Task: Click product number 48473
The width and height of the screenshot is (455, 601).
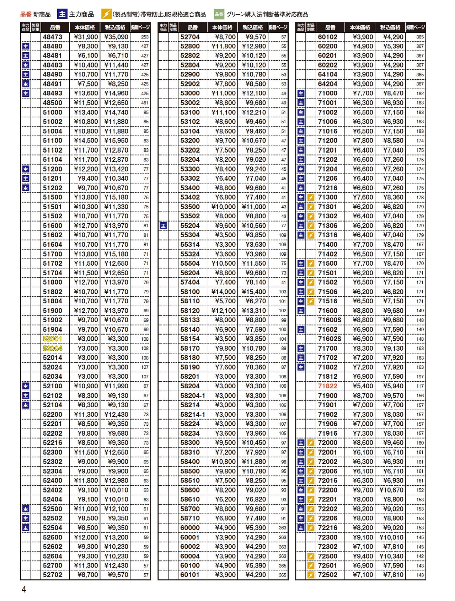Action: click(x=52, y=37)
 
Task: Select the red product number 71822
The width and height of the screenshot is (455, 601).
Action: click(x=327, y=386)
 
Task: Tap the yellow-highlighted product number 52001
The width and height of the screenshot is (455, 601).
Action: click(x=52, y=339)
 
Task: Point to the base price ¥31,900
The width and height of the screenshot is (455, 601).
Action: click(x=86, y=37)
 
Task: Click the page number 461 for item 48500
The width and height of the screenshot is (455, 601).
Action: click(x=145, y=103)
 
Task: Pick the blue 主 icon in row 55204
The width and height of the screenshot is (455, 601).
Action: click(x=163, y=226)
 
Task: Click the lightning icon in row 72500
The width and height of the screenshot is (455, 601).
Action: click(x=311, y=556)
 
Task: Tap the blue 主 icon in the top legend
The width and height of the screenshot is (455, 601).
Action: click(x=62, y=14)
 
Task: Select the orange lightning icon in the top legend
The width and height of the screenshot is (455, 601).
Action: click(x=106, y=14)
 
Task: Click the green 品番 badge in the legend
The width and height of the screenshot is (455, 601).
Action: click(x=219, y=15)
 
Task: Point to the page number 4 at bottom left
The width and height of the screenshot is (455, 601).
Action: click(x=24, y=589)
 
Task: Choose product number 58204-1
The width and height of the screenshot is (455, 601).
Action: click(x=193, y=396)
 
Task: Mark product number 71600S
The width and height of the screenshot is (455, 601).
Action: click(x=330, y=320)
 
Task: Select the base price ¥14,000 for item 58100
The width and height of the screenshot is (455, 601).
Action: click(x=223, y=292)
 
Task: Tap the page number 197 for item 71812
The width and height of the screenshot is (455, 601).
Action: click(x=420, y=377)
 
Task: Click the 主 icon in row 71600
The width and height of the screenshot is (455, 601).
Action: click(x=301, y=311)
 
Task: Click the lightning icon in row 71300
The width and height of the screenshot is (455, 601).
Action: click(x=311, y=197)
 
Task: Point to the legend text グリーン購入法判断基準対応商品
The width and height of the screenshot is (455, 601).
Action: click(x=267, y=15)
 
